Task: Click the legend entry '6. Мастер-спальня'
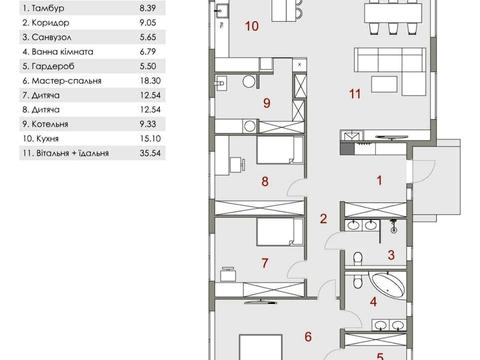pos(62,81)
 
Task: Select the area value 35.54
pos(150,153)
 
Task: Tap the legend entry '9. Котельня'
pos(45,124)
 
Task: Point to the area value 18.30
pos(150,81)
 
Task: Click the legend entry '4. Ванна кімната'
pos(58,52)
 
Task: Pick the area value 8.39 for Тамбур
pos(148,8)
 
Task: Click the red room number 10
pos(252,26)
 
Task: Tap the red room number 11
pos(355,94)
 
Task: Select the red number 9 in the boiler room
pos(267,103)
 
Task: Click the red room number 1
pos(379,181)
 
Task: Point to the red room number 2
pos(323,219)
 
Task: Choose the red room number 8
pos(265,182)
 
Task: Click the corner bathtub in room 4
pos(389,286)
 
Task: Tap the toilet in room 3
pos(358,259)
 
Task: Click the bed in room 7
pos(280,232)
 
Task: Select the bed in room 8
pos(280,150)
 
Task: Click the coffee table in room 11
pos(384,84)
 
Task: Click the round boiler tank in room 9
pos(249,81)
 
